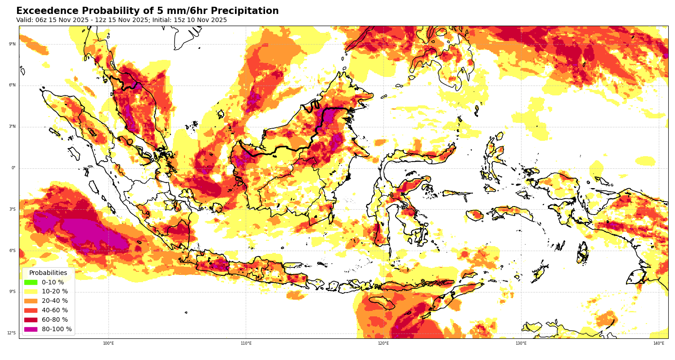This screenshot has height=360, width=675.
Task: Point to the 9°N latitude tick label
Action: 12,44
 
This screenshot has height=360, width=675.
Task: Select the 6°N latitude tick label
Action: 12,85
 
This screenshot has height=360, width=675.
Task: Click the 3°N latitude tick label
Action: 12,127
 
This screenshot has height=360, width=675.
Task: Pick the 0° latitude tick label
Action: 13,168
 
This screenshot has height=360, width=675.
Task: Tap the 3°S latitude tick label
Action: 12,209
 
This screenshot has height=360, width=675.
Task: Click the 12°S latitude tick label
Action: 11,333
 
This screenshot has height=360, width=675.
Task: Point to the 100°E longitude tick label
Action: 108,343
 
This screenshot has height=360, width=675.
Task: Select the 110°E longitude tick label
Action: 246,343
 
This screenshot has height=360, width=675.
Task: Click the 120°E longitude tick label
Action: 383,343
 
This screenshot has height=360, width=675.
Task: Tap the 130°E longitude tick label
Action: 521,343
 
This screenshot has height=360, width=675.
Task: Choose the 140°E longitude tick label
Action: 659,343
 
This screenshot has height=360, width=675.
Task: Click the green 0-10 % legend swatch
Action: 31,283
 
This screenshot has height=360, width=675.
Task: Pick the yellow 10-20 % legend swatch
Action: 31,292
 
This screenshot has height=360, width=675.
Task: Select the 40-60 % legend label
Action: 55,310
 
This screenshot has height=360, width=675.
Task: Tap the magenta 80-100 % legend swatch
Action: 31,329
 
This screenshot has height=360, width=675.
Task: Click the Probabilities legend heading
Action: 48,273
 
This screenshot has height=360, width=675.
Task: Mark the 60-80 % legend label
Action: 55,320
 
